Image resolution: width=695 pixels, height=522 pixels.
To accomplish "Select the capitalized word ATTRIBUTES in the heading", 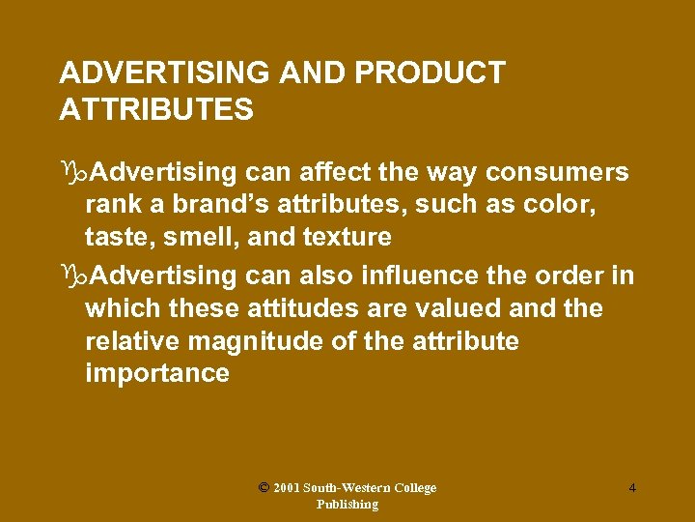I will [156, 110].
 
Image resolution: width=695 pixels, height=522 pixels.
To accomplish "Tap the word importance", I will [157, 374].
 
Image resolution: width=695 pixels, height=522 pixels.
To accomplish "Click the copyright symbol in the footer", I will [264, 487].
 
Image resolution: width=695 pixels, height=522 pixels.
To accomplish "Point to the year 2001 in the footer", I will [287, 488].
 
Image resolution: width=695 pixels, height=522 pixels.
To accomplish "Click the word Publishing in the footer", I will [347, 504].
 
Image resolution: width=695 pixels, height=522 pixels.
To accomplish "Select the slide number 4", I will [632, 487].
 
